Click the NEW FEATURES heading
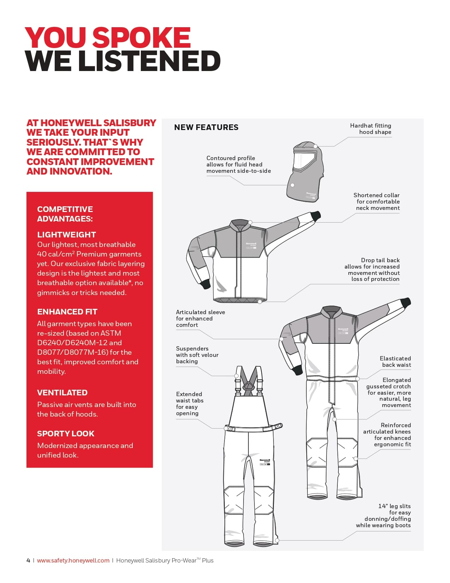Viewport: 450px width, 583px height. coord(206,128)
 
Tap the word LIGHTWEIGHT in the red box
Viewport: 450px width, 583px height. coord(66,235)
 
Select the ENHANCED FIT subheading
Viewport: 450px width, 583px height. coord(67,312)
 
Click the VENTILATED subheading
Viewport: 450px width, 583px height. coord(62,393)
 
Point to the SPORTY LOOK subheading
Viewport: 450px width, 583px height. coord(66,434)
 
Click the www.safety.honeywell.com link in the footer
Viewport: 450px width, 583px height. coord(73,560)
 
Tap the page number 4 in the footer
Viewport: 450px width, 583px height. coord(28,560)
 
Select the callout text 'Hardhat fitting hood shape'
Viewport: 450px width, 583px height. coord(371,129)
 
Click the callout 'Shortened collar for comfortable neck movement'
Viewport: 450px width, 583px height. coord(377,201)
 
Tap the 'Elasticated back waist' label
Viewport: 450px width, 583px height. coord(395,361)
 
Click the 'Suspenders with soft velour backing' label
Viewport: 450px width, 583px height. coord(197,355)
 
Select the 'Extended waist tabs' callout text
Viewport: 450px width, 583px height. coord(190,404)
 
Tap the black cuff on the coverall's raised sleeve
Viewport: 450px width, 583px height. coord(406,302)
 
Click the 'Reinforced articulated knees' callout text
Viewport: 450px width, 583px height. coord(388,435)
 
